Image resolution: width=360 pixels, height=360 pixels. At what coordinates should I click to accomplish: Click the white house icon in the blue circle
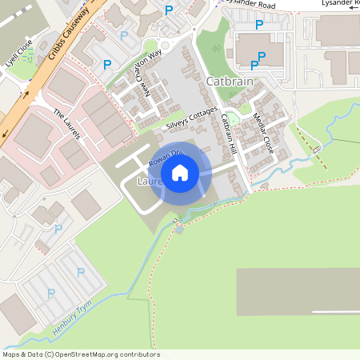(180, 173)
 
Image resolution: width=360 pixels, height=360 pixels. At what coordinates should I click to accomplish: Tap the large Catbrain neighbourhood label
(230, 82)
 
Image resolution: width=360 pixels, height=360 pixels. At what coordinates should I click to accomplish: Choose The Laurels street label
(67, 124)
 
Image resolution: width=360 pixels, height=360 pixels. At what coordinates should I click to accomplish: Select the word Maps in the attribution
(12, 354)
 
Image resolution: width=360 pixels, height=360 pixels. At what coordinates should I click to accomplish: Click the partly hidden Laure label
(150, 182)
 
